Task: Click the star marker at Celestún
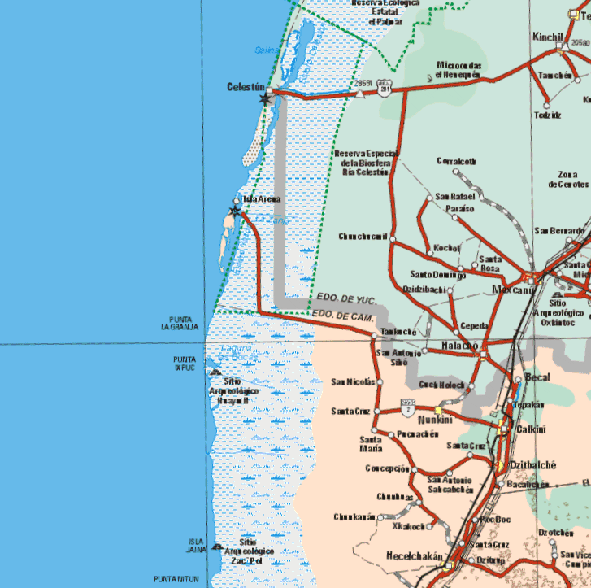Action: click(264, 98)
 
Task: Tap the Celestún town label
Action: click(247, 86)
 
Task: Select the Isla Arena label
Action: click(262, 198)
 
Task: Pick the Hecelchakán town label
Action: click(413, 558)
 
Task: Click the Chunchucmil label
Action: click(363, 237)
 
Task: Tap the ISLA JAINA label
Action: click(196, 546)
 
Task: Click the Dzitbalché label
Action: click(532, 465)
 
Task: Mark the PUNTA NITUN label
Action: click(182, 577)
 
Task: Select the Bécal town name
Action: click(537, 378)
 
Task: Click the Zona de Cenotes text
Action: click(568, 179)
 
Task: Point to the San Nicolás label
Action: click(353, 381)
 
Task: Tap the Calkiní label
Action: click(530, 429)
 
